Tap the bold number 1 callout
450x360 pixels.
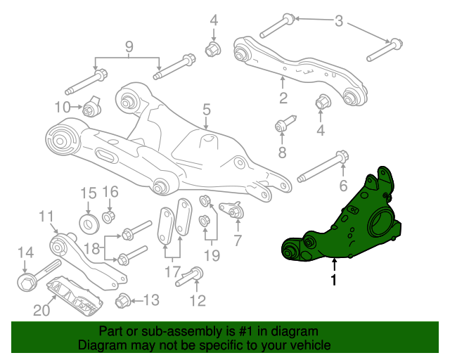334,280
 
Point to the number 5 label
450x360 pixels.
207,110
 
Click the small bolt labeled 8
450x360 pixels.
281,127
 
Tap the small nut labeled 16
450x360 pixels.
109,214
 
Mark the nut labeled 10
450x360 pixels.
90,109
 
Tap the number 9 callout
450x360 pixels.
129,47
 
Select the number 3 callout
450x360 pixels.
339,22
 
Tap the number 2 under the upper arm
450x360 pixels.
283,98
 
